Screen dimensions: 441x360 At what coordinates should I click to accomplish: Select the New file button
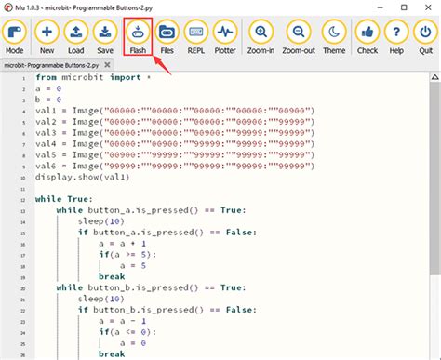(47, 38)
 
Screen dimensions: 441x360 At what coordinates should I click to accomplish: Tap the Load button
(76, 38)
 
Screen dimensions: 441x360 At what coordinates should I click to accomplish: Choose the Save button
(106, 38)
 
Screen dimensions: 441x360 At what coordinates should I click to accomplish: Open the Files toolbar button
(167, 38)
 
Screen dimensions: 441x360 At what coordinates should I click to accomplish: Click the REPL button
(196, 38)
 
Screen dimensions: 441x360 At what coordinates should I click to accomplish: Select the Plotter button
(226, 38)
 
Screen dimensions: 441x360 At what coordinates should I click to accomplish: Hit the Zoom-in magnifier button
(261, 38)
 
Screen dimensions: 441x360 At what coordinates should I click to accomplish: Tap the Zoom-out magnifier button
(299, 38)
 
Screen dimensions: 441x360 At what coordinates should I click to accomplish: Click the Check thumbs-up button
(367, 38)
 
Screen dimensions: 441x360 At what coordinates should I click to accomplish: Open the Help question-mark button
(395, 38)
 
